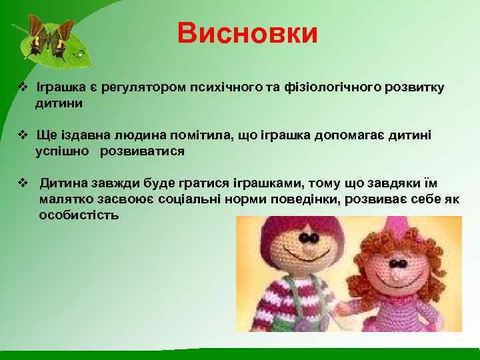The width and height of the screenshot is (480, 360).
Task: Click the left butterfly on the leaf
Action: (36, 37)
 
